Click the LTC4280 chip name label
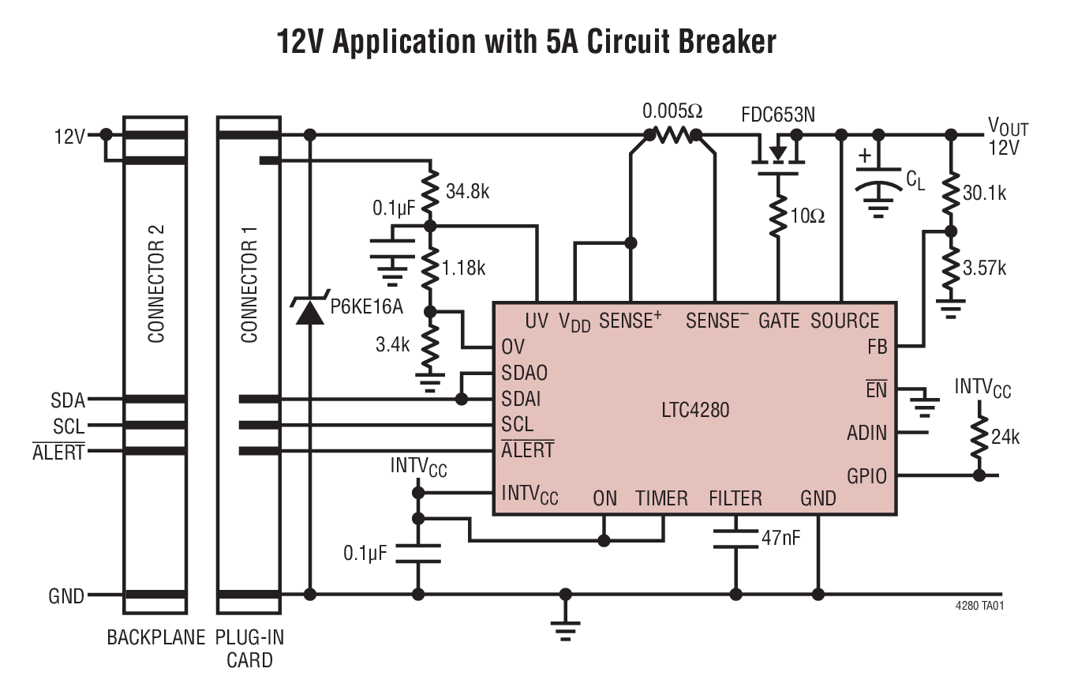pos(694,410)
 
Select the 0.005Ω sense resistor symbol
pos(672,136)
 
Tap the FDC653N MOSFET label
pos(777,115)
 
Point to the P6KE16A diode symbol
pos(309,311)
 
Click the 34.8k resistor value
pos(467,191)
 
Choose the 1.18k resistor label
pos(463,268)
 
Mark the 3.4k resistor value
pos(392,344)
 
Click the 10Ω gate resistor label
pos(806,216)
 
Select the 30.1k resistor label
pos(984,193)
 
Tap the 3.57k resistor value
pos(984,268)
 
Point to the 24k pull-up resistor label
pos(1005,437)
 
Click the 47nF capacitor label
pos(780,538)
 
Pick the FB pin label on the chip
pos(877,346)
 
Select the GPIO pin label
pos(866,476)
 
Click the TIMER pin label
pos(661,498)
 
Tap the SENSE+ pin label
pos(630,321)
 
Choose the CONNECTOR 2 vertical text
pos(156,284)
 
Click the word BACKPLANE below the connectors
pos(155,637)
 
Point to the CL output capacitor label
pos(915,181)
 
